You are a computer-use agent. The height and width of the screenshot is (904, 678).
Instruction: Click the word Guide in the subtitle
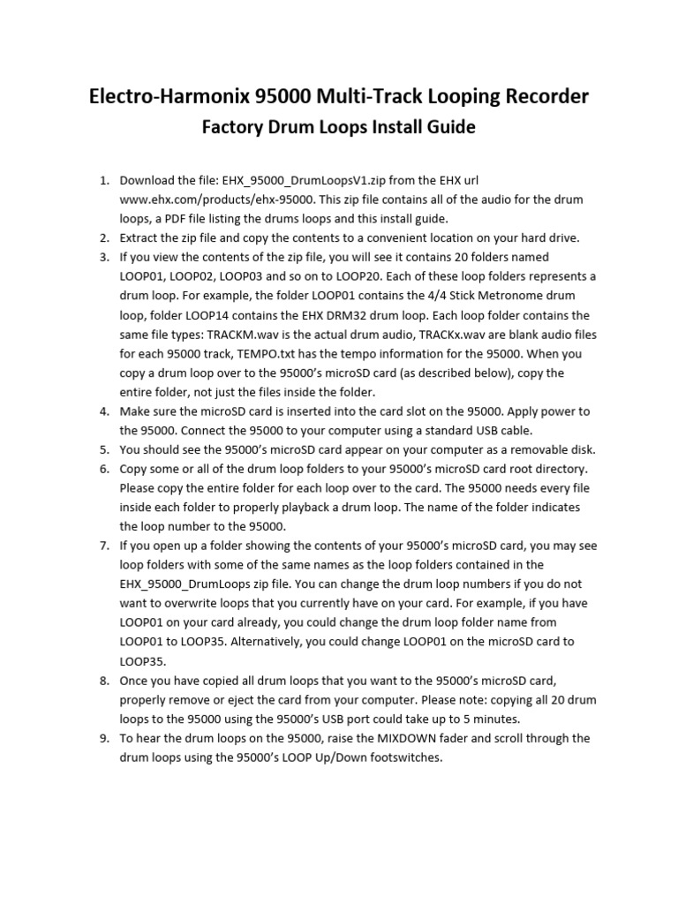click(448, 127)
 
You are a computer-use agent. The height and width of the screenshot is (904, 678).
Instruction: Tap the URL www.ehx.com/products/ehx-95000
click(208, 200)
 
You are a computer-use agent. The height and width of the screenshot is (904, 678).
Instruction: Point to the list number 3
click(103, 257)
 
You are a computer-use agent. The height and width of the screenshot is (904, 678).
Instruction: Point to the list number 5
click(103, 449)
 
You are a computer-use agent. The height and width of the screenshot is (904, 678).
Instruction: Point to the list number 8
click(103, 680)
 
